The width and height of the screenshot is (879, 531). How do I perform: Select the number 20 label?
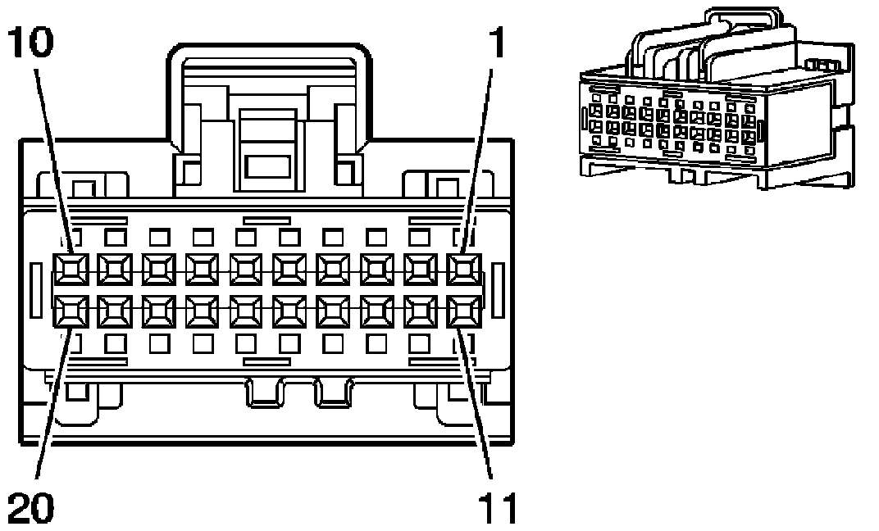click(x=31, y=508)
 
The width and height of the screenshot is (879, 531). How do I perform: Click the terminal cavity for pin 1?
click(x=463, y=267)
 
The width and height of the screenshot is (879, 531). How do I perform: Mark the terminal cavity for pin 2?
click(x=420, y=267)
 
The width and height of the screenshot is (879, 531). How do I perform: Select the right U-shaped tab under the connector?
click(x=334, y=393)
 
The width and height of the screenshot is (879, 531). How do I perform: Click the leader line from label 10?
click(x=52, y=164)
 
